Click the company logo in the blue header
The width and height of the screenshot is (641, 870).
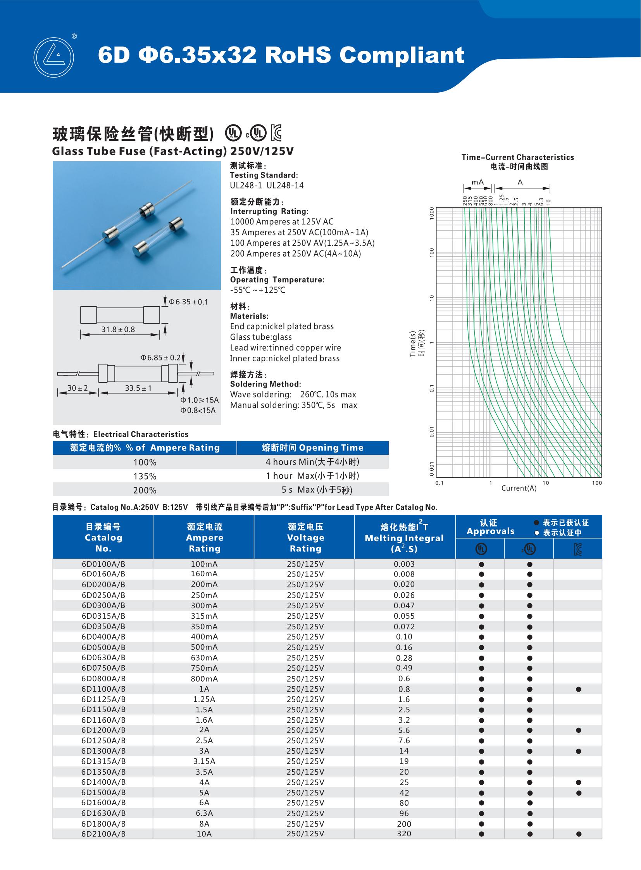(53, 57)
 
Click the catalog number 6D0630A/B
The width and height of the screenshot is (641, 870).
(103, 658)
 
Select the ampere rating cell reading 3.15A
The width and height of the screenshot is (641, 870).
(204, 761)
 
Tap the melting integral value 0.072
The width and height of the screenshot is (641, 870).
(404, 627)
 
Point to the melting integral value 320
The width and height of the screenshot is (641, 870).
(404, 834)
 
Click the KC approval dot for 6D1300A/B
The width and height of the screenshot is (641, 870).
(579, 751)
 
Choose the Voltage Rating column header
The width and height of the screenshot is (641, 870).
(305, 538)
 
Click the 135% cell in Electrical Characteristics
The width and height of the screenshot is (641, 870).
(145, 476)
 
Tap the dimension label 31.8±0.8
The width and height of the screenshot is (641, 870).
(118, 330)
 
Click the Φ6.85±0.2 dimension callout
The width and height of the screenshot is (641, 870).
(161, 357)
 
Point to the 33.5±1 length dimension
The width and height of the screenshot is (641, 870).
(138, 388)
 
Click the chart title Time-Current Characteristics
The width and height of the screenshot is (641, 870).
(517, 157)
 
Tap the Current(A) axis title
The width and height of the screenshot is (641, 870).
(519, 489)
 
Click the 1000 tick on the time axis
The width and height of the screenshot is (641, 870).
(431, 213)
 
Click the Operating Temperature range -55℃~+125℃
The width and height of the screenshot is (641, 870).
(257, 290)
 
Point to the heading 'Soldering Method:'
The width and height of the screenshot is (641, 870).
(265, 384)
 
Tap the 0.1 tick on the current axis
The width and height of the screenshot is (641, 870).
(439, 483)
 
